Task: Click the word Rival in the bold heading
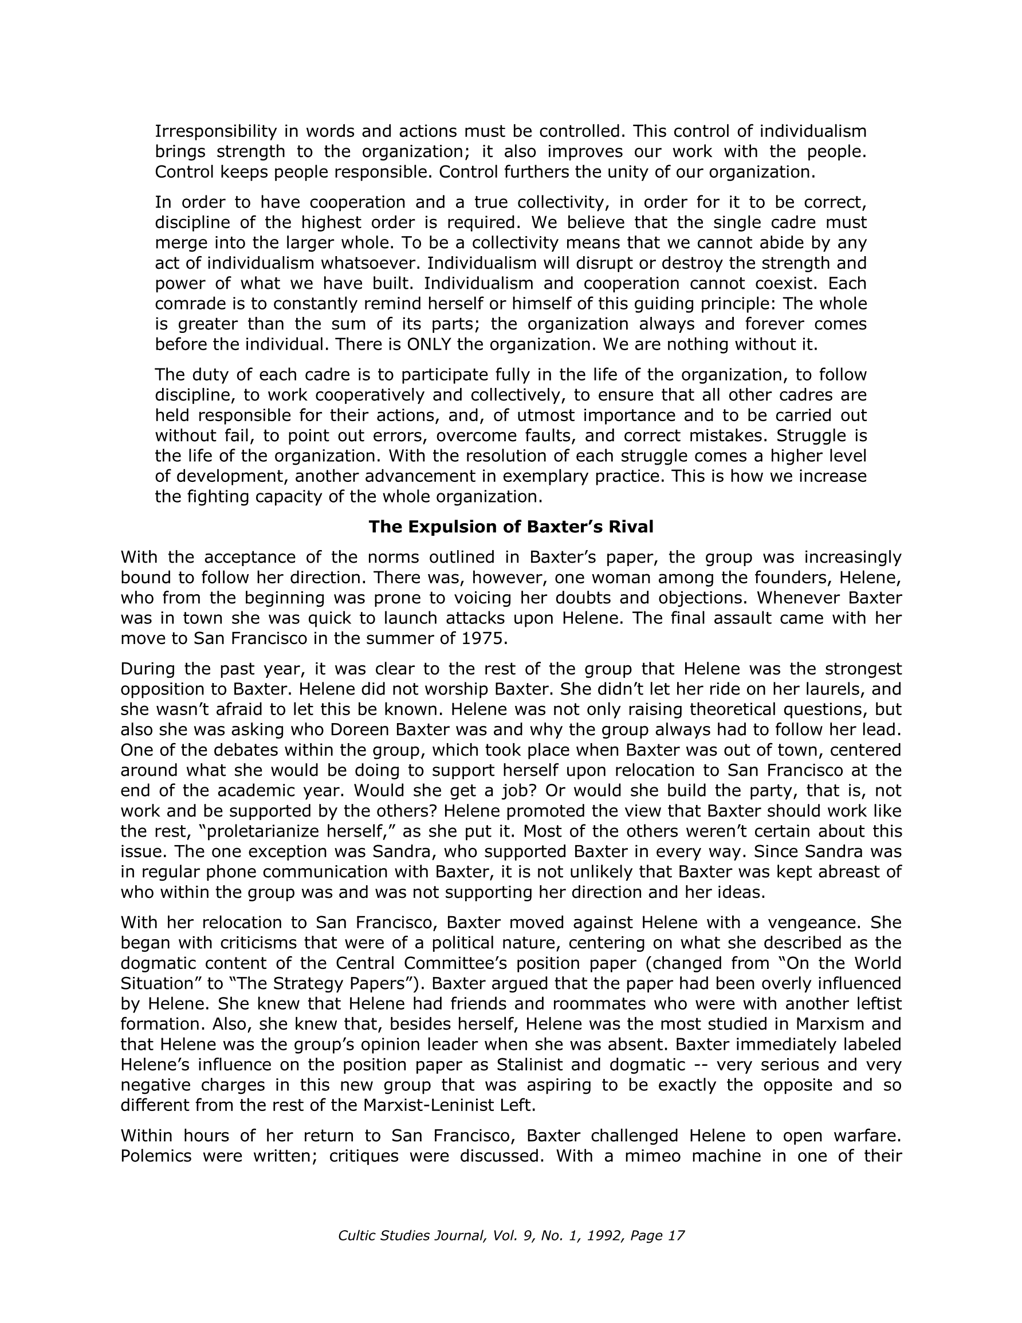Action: point(631,527)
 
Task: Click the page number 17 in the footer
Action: point(676,1235)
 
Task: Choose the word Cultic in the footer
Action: point(357,1235)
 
